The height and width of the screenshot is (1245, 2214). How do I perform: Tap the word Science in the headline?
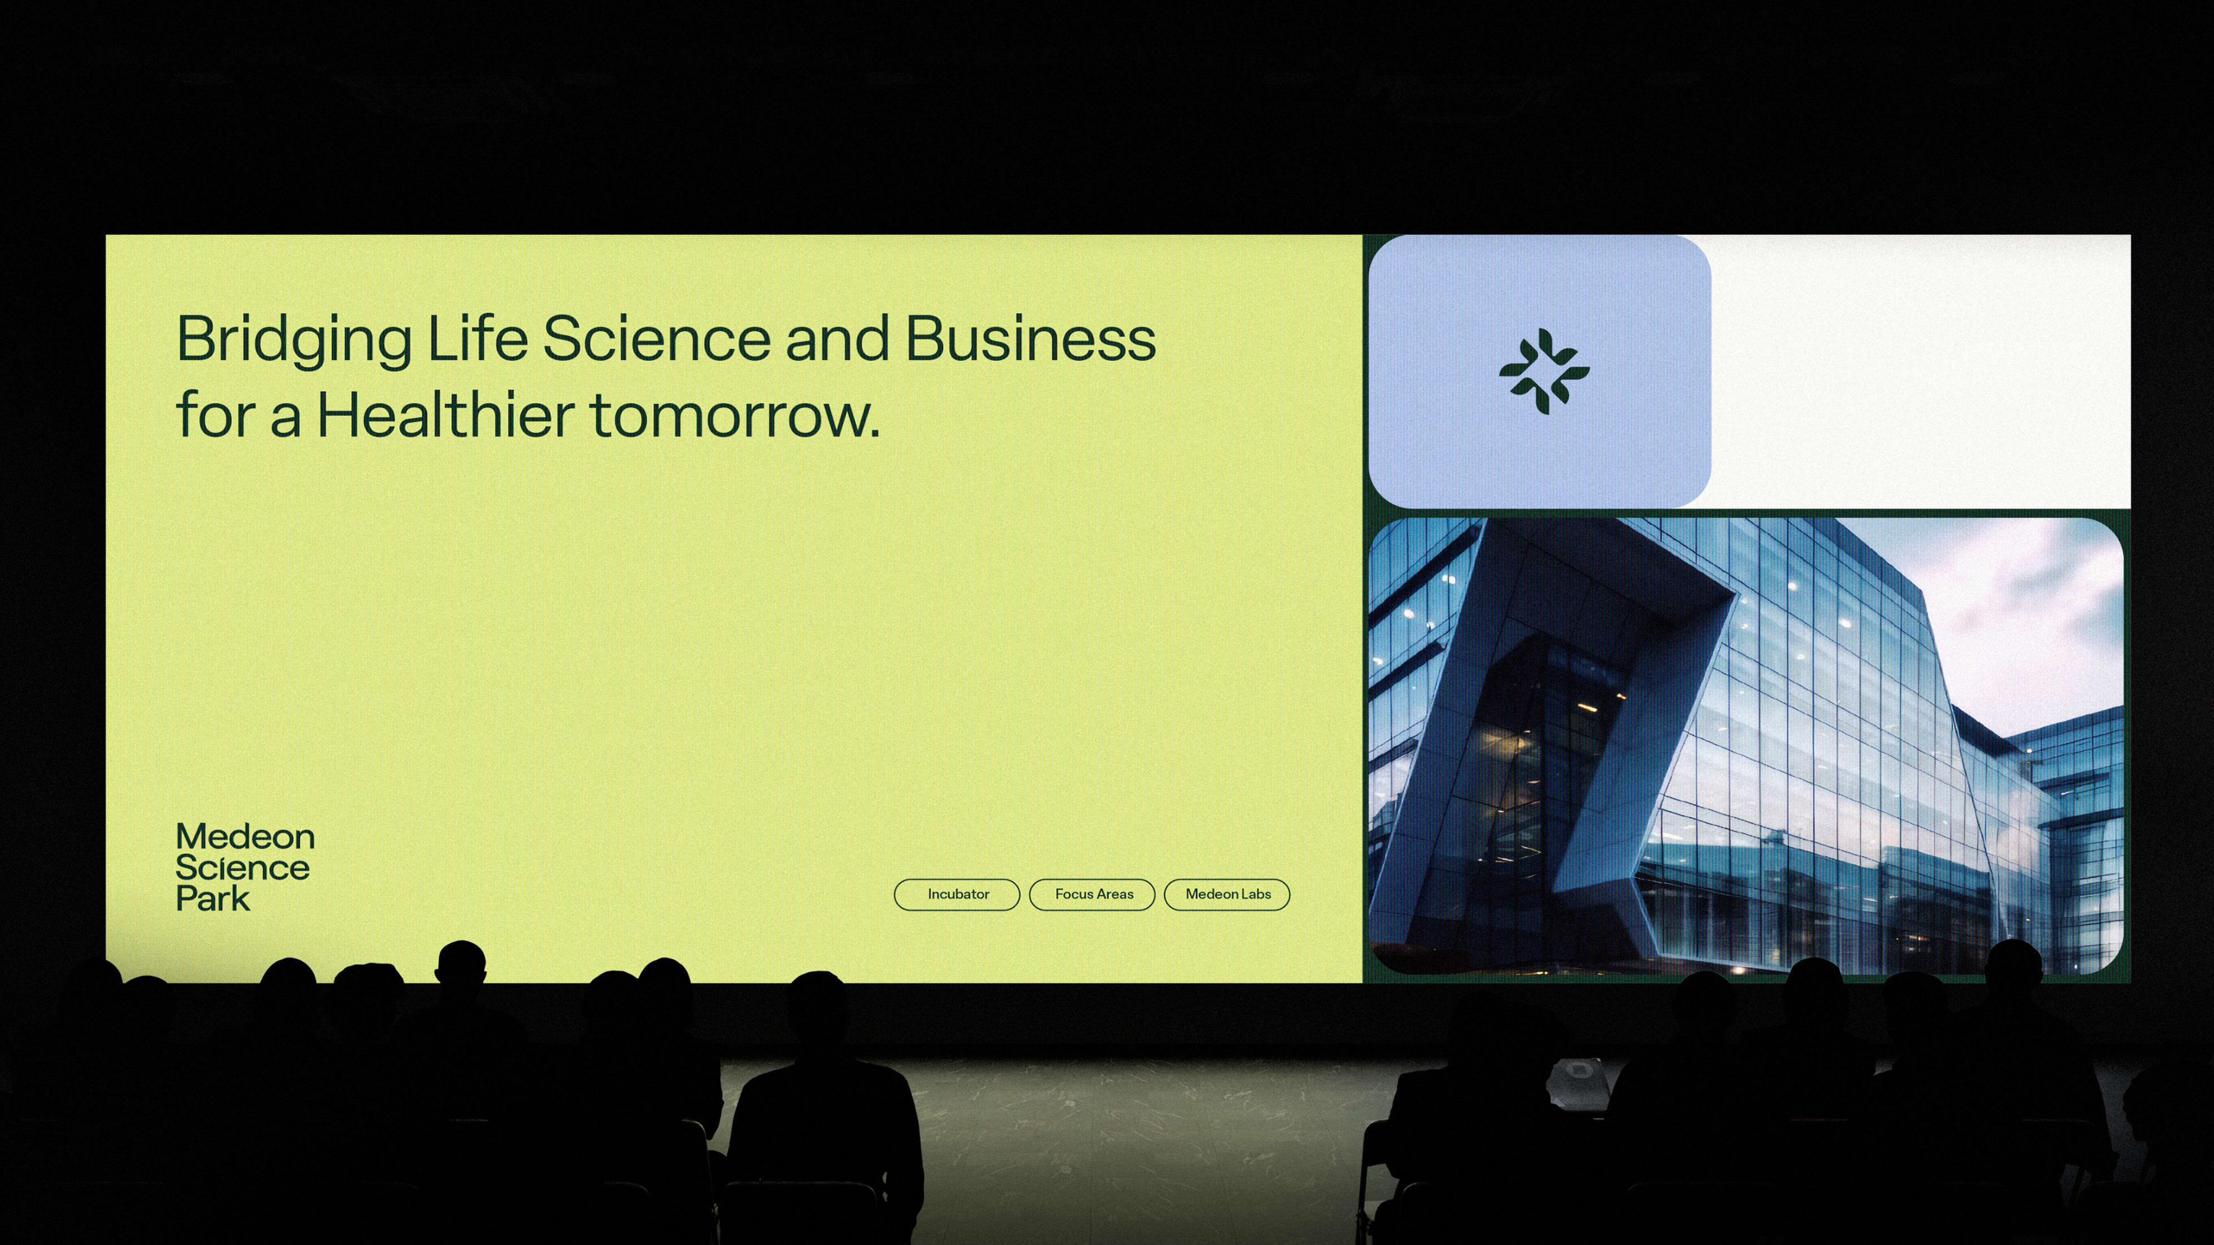(657, 338)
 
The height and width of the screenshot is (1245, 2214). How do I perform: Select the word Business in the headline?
(1031, 338)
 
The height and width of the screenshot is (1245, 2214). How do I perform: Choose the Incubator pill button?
(957, 894)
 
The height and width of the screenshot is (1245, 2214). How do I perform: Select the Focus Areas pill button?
(1092, 894)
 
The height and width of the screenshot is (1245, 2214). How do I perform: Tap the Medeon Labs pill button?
(1227, 894)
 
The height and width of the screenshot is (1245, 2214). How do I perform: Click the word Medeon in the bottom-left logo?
(245, 837)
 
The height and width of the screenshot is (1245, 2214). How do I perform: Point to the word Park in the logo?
(213, 899)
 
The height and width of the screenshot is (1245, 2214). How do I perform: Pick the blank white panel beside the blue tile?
(1921, 371)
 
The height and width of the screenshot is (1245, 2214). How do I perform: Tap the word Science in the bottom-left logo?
(243, 868)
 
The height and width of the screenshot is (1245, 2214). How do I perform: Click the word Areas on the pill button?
(1116, 894)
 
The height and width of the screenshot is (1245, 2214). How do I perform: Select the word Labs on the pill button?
(1255, 894)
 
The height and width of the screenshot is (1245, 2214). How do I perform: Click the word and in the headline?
(837, 338)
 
